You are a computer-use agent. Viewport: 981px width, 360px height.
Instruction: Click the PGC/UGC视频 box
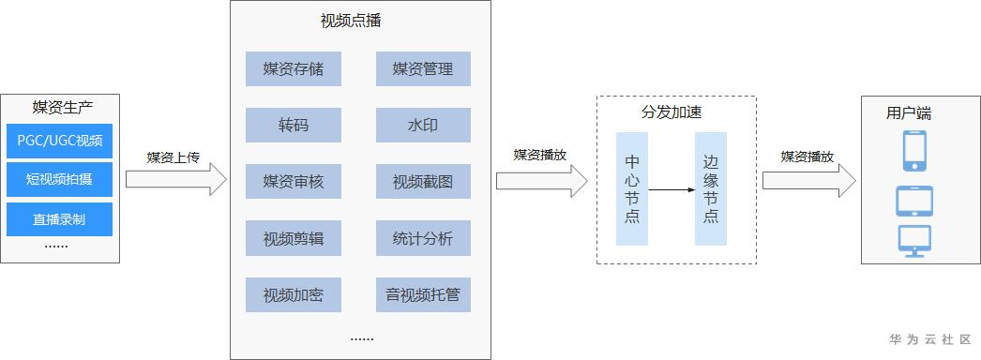(59, 141)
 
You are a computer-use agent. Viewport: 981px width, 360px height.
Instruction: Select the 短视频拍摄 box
(59, 179)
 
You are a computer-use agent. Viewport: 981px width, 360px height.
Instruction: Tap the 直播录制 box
(59, 219)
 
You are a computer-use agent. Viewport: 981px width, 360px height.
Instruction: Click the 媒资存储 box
(294, 68)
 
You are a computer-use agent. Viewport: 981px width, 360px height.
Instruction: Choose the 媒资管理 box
(423, 68)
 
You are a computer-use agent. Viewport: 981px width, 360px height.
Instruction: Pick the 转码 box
(294, 125)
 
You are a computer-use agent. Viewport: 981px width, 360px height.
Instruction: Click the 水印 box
(423, 125)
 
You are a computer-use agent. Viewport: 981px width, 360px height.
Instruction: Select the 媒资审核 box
(294, 181)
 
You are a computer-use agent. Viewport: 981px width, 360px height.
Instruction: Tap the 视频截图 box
(423, 181)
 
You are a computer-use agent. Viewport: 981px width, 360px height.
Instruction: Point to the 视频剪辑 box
(294, 238)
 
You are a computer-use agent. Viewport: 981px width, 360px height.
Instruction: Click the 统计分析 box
(423, 238)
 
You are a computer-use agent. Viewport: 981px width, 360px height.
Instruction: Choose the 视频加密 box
(294, 294)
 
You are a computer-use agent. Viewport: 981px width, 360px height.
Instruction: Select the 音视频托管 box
(423, 294)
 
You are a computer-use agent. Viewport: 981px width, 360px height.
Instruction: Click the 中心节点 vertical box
(632, 188)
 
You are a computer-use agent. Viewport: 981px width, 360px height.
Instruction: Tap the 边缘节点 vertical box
(711, 188)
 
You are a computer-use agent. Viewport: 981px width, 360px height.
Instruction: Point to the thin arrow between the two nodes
(672, 189)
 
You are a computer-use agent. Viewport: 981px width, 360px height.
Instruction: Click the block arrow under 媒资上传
(176, 179)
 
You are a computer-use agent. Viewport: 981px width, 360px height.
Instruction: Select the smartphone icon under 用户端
(914, 151)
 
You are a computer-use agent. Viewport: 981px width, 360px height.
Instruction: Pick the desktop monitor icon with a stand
(914, 241)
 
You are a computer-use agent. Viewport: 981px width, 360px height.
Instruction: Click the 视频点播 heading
(351, 21)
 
